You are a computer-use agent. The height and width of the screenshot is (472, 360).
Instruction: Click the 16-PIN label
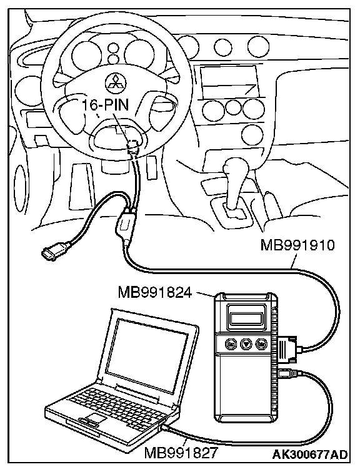click(106, 105)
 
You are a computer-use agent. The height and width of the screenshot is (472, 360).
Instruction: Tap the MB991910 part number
click(297, 245)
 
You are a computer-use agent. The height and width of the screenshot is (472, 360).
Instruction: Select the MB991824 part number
click(155, 292)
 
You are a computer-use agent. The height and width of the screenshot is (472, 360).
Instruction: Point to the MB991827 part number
click(181, 452)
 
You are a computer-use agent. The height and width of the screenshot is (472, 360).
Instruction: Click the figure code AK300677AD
click(310, 455)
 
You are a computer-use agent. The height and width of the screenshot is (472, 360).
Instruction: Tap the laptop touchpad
click(94, 418)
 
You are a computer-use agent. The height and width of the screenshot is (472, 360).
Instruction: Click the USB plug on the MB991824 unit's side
click(287, 373)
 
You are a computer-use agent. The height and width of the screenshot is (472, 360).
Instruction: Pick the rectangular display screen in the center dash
click(229, 82)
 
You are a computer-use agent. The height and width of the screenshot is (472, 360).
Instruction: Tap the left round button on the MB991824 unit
click(231, 343)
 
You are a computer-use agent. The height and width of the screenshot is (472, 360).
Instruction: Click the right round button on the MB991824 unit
click(260, 343)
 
